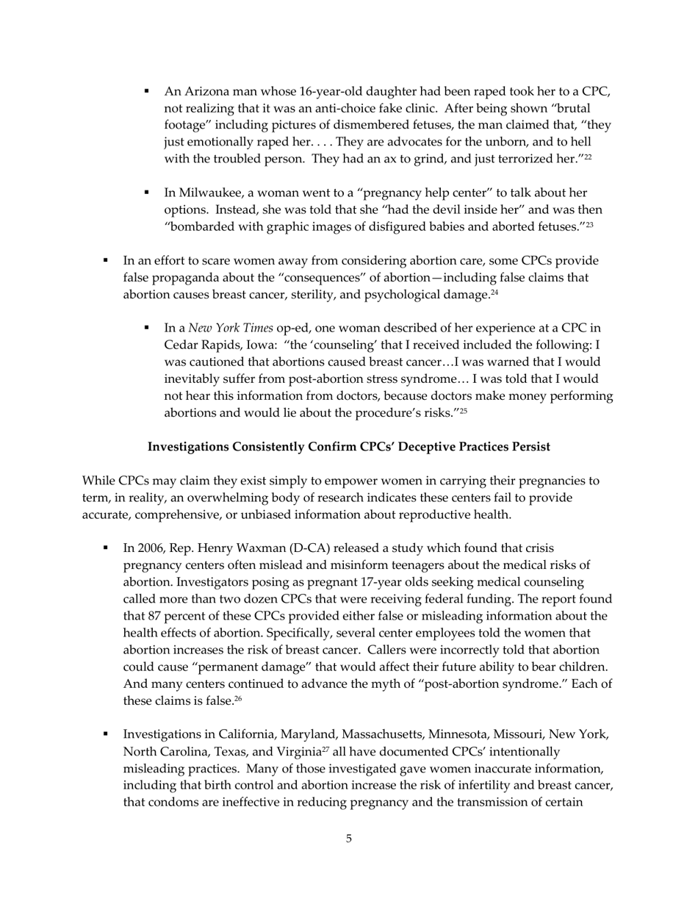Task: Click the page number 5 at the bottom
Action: coord(348,839)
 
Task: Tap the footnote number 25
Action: coord(463,411)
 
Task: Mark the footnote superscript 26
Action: coord(238,699)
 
